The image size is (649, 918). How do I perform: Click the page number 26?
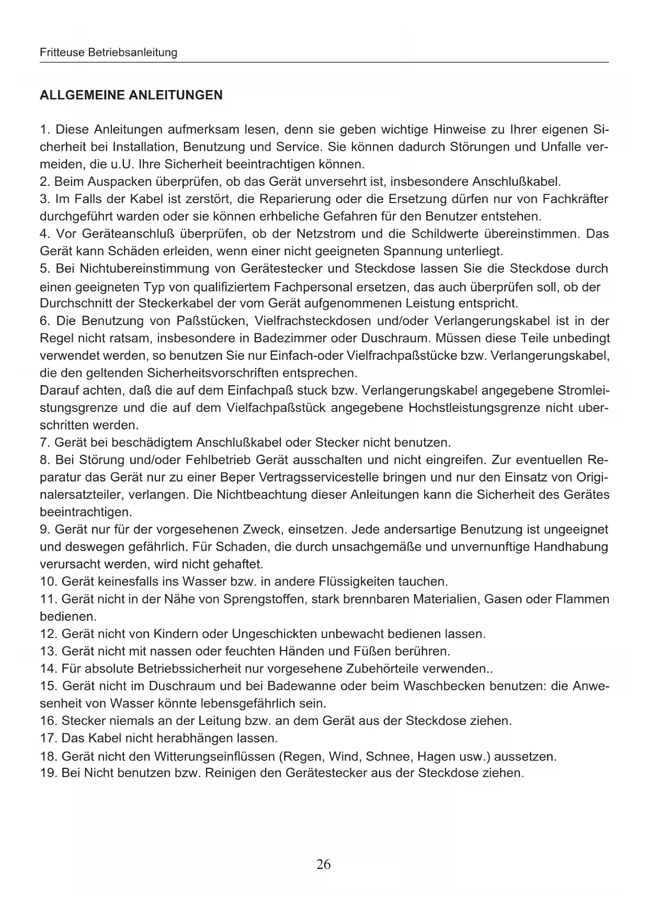323,864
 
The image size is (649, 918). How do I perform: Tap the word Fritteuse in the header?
58,52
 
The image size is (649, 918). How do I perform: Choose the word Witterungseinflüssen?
214,756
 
